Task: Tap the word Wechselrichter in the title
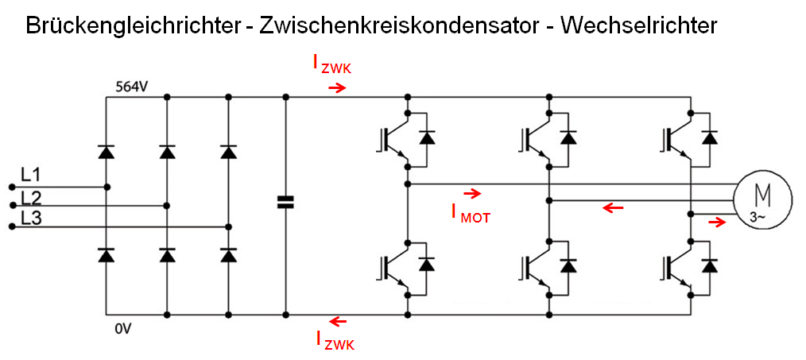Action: click(x=638, y=25)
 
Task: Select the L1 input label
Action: click(x=31, y=176)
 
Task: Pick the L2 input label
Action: click(x=32, y=198)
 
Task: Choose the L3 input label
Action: click(x=32, y=219)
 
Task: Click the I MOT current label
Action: click(x=471, y=212)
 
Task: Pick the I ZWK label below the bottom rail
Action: click(x=335, y=341)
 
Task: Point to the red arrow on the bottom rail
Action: click(x=339, y=321)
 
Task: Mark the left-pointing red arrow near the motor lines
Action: click(x=612, y=208)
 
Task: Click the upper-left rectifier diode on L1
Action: click(x=106, y=152)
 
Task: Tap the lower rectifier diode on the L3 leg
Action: click(x=229, y=255)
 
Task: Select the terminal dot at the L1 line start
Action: click(x=11, y=188)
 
